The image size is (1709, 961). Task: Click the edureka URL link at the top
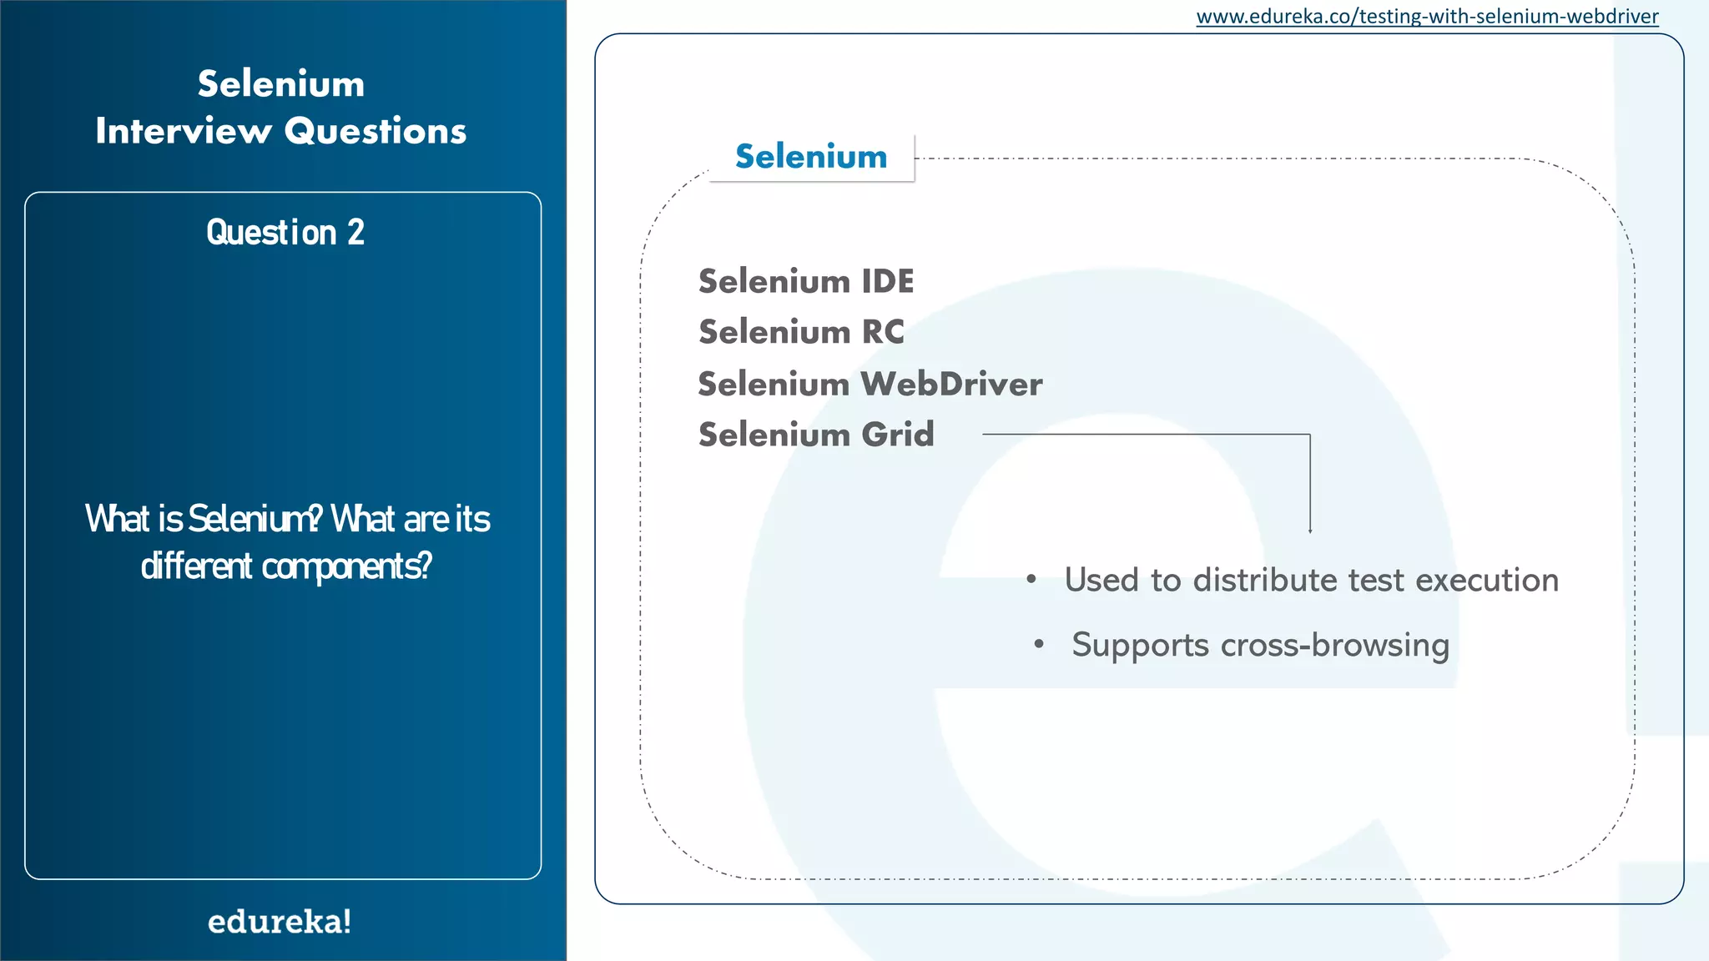click(1427, 17)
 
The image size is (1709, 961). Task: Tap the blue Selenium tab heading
click(811, 157)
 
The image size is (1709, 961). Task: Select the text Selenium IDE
click(806, 281)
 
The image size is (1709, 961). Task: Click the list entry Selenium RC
click(801, 332)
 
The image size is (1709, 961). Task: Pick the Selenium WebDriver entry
click(870, 384)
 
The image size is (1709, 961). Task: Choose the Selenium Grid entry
click(816, 435)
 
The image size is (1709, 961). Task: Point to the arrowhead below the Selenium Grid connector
click(1310, 530)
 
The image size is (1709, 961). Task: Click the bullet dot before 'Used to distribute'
click(1032, 579)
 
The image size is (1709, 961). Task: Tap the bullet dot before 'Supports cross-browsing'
click(1039, 644)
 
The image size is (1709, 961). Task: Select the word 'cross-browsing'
click(1335, 645)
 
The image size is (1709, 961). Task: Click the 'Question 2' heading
click(285, 233)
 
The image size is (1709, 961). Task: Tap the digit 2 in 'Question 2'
click(356, 233)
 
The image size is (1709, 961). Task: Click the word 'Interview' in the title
click(184, 131)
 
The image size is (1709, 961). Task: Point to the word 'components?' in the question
click(347, 566)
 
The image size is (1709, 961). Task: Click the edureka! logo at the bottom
click(280, 922)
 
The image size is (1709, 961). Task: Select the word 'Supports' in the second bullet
click(1141, 645)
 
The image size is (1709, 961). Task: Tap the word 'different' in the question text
click(196, 566)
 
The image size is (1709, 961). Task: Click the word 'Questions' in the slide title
click(376, 131)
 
